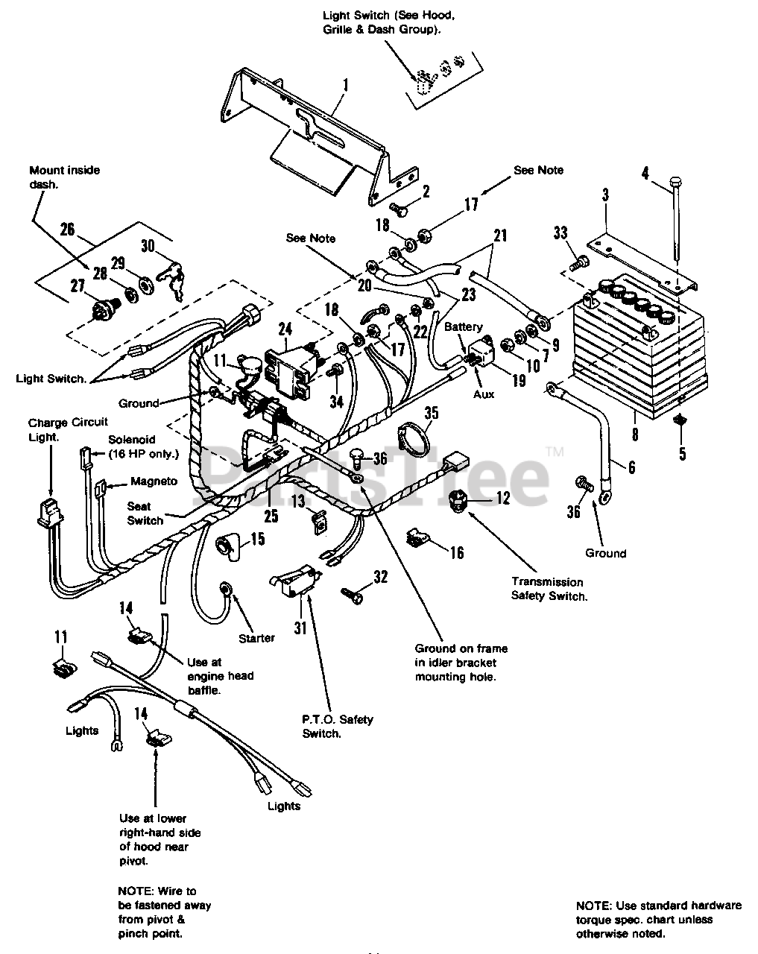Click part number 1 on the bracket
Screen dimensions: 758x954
click(346, 85)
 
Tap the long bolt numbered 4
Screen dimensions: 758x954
click(677, 221)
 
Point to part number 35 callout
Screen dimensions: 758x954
click(431, 413)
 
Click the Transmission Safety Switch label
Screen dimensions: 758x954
click(549, 589)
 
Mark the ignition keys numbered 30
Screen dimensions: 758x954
click(171, 277)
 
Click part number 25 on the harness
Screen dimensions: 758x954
click(271, 515)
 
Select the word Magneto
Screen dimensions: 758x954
click(154, 481)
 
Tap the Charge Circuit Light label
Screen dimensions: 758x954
click(67, 429)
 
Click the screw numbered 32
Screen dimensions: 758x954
click(353, 595)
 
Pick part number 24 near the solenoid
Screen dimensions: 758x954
click(285, 329)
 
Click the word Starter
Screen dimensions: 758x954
click(256, 638)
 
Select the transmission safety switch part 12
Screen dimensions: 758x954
click(459, 502)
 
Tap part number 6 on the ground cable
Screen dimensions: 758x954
click(631, 467)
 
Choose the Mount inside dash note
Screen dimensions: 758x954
click(64, 177)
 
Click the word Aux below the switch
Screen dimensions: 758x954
click(483, 394)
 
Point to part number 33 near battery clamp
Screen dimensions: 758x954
click(560, 233)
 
